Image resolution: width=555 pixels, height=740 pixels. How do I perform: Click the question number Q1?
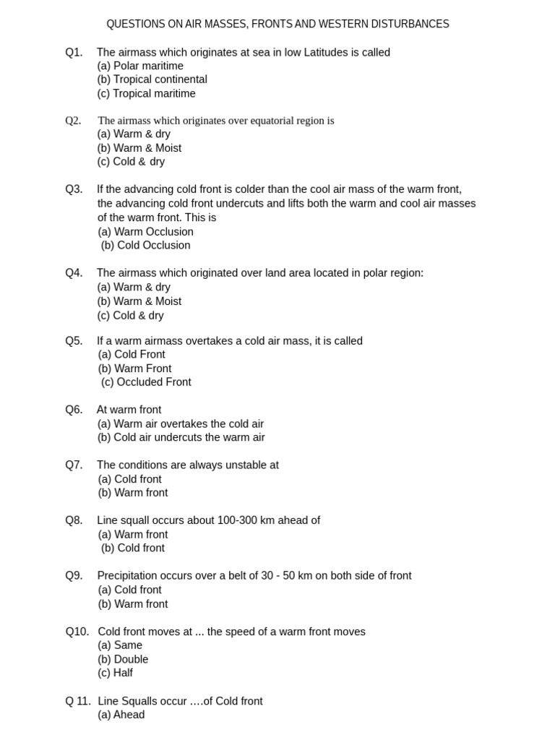pos(74,52)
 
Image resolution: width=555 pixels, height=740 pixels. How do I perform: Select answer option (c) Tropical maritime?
pos(146,93)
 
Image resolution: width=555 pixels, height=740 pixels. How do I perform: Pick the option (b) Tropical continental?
pos(152,79)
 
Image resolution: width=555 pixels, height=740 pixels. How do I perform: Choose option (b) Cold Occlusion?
pos(145,245)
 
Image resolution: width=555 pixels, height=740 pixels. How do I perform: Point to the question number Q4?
pos(74,273)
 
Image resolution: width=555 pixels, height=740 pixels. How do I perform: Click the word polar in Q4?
pos(369,273)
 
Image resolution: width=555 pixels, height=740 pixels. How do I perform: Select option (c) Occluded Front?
pos(146,382)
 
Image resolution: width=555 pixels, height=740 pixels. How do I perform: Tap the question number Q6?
pos(74,410)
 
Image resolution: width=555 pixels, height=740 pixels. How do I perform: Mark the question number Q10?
pos(77,632)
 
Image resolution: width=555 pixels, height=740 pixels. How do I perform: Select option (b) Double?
pos(123,659)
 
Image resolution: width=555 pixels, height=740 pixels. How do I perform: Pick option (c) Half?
pos(115,673)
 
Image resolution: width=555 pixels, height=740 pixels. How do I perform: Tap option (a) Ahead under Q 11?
pos(121,715)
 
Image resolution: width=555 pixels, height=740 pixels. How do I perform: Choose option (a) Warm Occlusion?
pos(145,232)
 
